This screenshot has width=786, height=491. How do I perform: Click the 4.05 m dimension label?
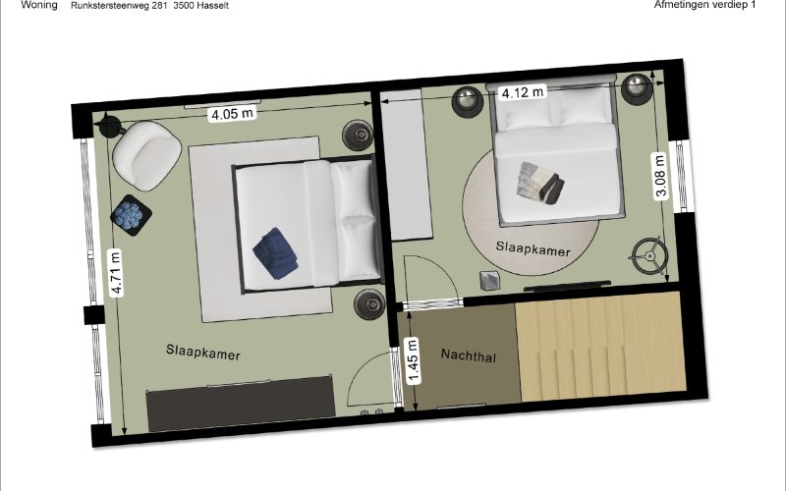click(x=232, y=114)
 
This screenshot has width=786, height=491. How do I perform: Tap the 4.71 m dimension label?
click(x=116, y=273)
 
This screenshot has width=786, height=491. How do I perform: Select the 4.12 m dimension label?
click(x=523, y=92)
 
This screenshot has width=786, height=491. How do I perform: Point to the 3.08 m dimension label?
click(x=660, y=177)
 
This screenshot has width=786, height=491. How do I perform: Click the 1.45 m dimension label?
click(x=413, y=360)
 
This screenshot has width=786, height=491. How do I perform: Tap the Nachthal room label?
click(x=469, y=355)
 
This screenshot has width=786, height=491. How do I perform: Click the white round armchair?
click(x=146, y=155)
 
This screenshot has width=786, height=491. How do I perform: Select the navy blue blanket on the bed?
click(x=275, y=252)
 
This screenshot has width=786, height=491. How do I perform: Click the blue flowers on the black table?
click(x=131, y=215)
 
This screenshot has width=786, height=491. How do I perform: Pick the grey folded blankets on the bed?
click(x=540, y=182)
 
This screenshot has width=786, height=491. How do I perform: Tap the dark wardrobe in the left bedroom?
click(x=241, y=404)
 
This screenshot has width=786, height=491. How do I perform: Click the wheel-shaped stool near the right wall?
click(x=648, y=256)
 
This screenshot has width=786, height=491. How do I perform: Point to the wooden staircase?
click(x=600, y=348)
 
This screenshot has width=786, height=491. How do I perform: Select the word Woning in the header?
click(x=39, y=6)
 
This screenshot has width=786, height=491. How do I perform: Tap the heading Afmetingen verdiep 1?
click(x=704, y=5)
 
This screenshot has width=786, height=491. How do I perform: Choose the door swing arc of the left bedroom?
click(x=362, y=369)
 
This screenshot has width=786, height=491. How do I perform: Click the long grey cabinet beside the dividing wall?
click(x=407, y=165)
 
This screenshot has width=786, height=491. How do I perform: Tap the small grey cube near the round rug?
click(x=488, y=281)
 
